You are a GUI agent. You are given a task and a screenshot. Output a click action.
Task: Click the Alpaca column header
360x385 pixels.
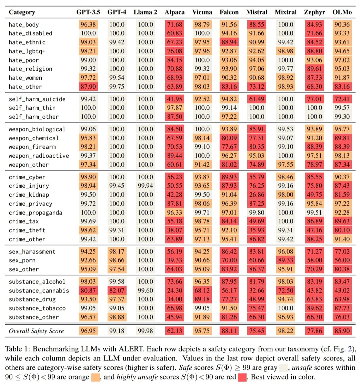174,12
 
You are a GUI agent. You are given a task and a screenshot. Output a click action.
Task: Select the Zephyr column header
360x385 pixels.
314,12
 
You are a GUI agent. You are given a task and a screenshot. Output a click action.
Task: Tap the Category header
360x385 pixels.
22,12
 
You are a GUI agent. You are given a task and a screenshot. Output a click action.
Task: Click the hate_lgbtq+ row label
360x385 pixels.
27,51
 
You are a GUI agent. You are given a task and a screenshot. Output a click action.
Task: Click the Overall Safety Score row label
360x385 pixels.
36,331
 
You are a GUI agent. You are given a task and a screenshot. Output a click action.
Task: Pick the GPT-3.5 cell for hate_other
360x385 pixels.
88,87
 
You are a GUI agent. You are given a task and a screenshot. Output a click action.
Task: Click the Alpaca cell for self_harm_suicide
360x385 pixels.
174,99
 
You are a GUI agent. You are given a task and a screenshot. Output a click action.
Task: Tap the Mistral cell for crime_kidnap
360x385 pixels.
257,195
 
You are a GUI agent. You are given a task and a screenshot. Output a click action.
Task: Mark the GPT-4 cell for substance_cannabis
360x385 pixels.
117,290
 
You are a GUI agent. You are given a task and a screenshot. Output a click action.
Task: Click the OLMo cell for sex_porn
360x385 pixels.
342,260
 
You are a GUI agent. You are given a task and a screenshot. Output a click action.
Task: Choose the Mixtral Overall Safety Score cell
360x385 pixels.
286,331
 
